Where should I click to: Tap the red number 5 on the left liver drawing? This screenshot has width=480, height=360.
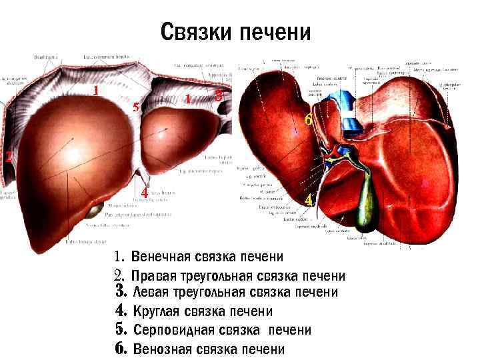tap(135, 107)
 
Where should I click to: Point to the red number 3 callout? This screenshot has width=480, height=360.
tap(219, 96)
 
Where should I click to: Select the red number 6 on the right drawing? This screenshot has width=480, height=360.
tap(307, 121)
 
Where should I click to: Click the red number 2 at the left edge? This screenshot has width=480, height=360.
tap(7, 157)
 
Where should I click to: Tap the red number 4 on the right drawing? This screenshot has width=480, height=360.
tap(307, 200)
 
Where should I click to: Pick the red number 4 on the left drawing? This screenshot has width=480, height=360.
tap(144, 193)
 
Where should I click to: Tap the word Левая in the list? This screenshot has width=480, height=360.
tap(151, 293)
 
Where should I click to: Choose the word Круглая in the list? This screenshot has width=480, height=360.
tap(158, 311)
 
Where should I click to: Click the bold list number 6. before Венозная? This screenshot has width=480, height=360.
tap(121, 348)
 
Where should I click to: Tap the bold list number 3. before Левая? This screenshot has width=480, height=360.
tap(121, 292)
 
